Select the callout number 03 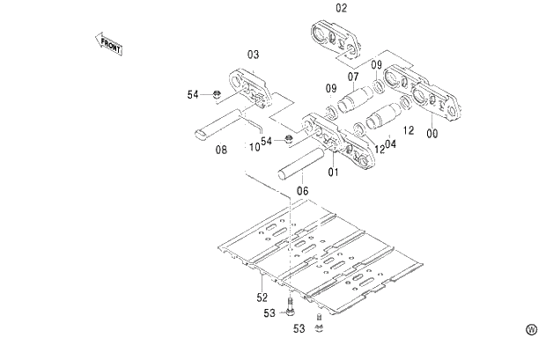point(253,55)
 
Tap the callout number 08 point(221,150)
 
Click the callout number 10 point(254,148)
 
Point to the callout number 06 point(302,190)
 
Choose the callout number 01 point(333,172)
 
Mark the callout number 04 point(390,144)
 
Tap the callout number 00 point(431,134)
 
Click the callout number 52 point(262,298)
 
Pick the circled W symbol point(531,329)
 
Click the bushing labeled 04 point(384,119)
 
